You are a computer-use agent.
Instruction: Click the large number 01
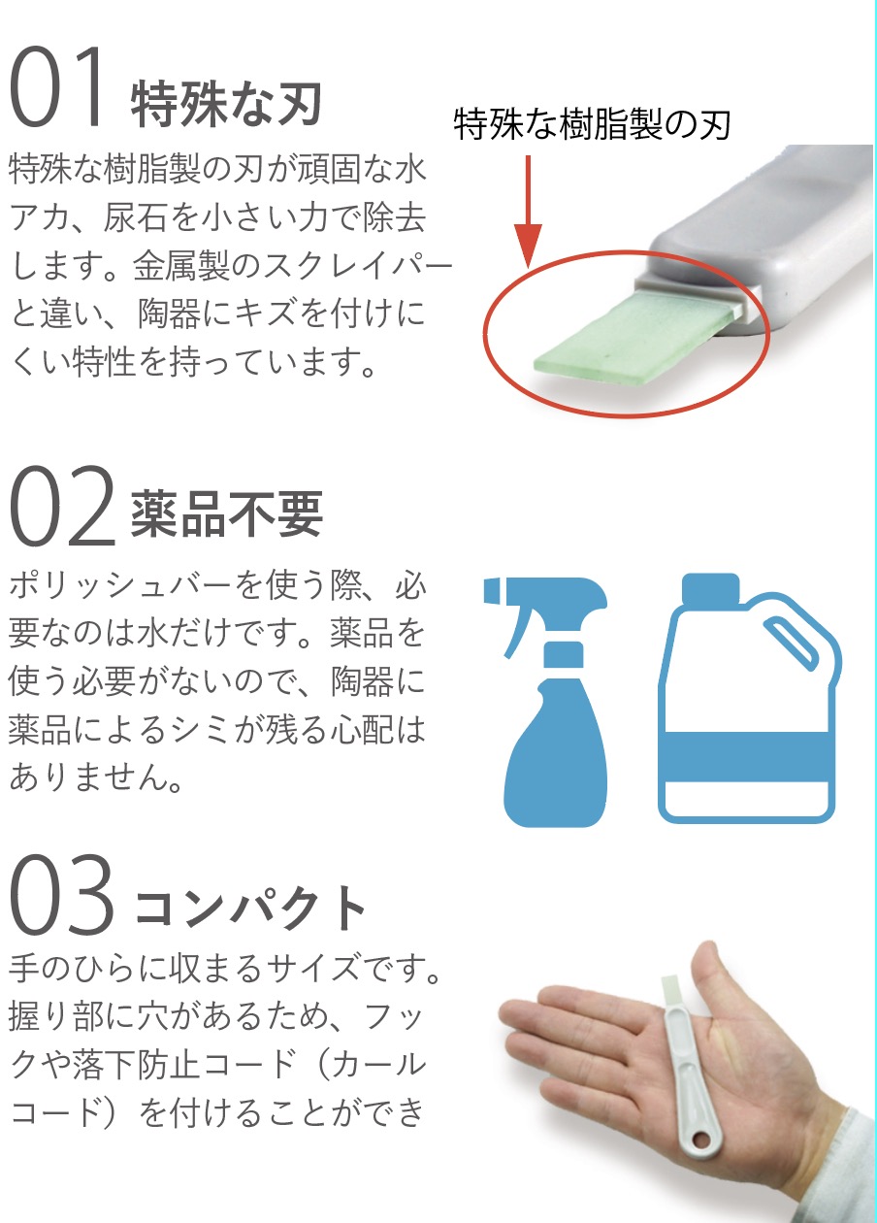[x=57, y=86]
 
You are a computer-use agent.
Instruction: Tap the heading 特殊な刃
[x=226, y=104]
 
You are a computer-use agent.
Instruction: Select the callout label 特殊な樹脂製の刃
[x=592, y=124]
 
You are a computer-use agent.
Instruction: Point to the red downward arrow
[x=528, y=212]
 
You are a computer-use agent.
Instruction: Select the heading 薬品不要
[x=226, y=514]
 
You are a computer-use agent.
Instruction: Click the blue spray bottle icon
[x=546, y=702]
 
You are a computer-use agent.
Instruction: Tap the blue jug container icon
[x=749, y=699]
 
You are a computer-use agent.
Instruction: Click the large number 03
[x=62, y=894]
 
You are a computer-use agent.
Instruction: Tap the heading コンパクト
[x=249, y=908]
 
